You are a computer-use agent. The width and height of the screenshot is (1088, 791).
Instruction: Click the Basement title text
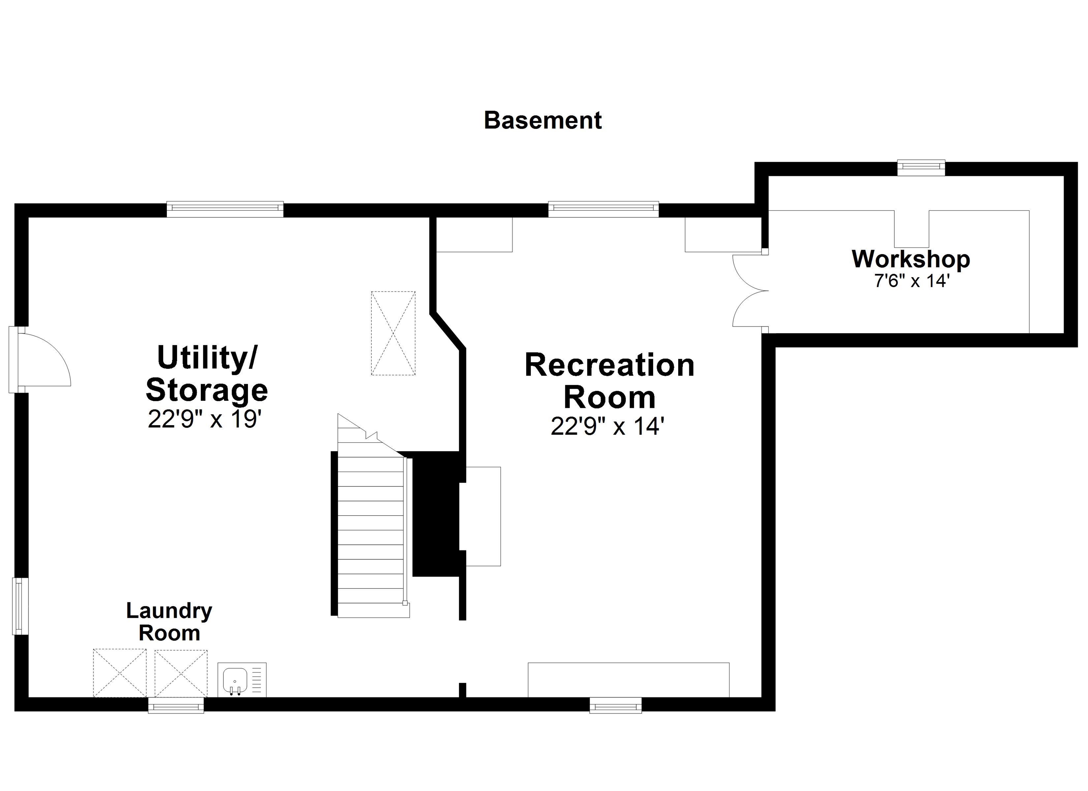[x=542, y=120]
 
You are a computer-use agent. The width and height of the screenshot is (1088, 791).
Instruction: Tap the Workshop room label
[x=911, y=259]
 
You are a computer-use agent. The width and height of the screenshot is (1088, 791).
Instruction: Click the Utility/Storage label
[x=207, y=374]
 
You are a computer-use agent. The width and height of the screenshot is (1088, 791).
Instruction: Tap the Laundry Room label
[x=169, y=622]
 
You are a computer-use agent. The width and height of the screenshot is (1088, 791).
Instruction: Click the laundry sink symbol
[x=235, y=680]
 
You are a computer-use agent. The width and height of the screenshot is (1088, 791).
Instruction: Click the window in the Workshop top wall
[x=921, y=166]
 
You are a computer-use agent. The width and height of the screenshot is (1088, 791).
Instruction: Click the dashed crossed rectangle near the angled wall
[x=393, y=333]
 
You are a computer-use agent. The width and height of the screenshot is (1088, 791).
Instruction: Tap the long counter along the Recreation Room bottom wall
[x=628, y=680]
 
